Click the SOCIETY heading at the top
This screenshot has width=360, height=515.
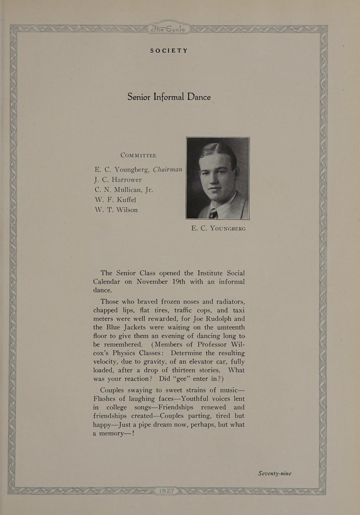point(169,51)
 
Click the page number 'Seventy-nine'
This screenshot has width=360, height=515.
point(274,473)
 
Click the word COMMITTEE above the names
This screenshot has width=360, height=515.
point(138,155)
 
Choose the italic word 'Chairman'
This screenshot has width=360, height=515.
point(167,169)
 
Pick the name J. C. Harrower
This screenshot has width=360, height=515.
point(118,180)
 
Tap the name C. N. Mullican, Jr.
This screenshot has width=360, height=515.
point(124,190)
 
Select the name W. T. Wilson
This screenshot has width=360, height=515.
point(116,209)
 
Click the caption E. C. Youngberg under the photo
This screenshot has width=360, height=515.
point(218,228)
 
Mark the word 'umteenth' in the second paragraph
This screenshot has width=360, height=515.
point(228,327)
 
